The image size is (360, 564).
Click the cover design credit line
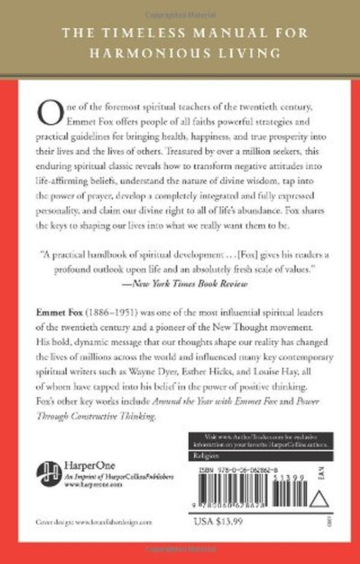(x=94, y=522)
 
